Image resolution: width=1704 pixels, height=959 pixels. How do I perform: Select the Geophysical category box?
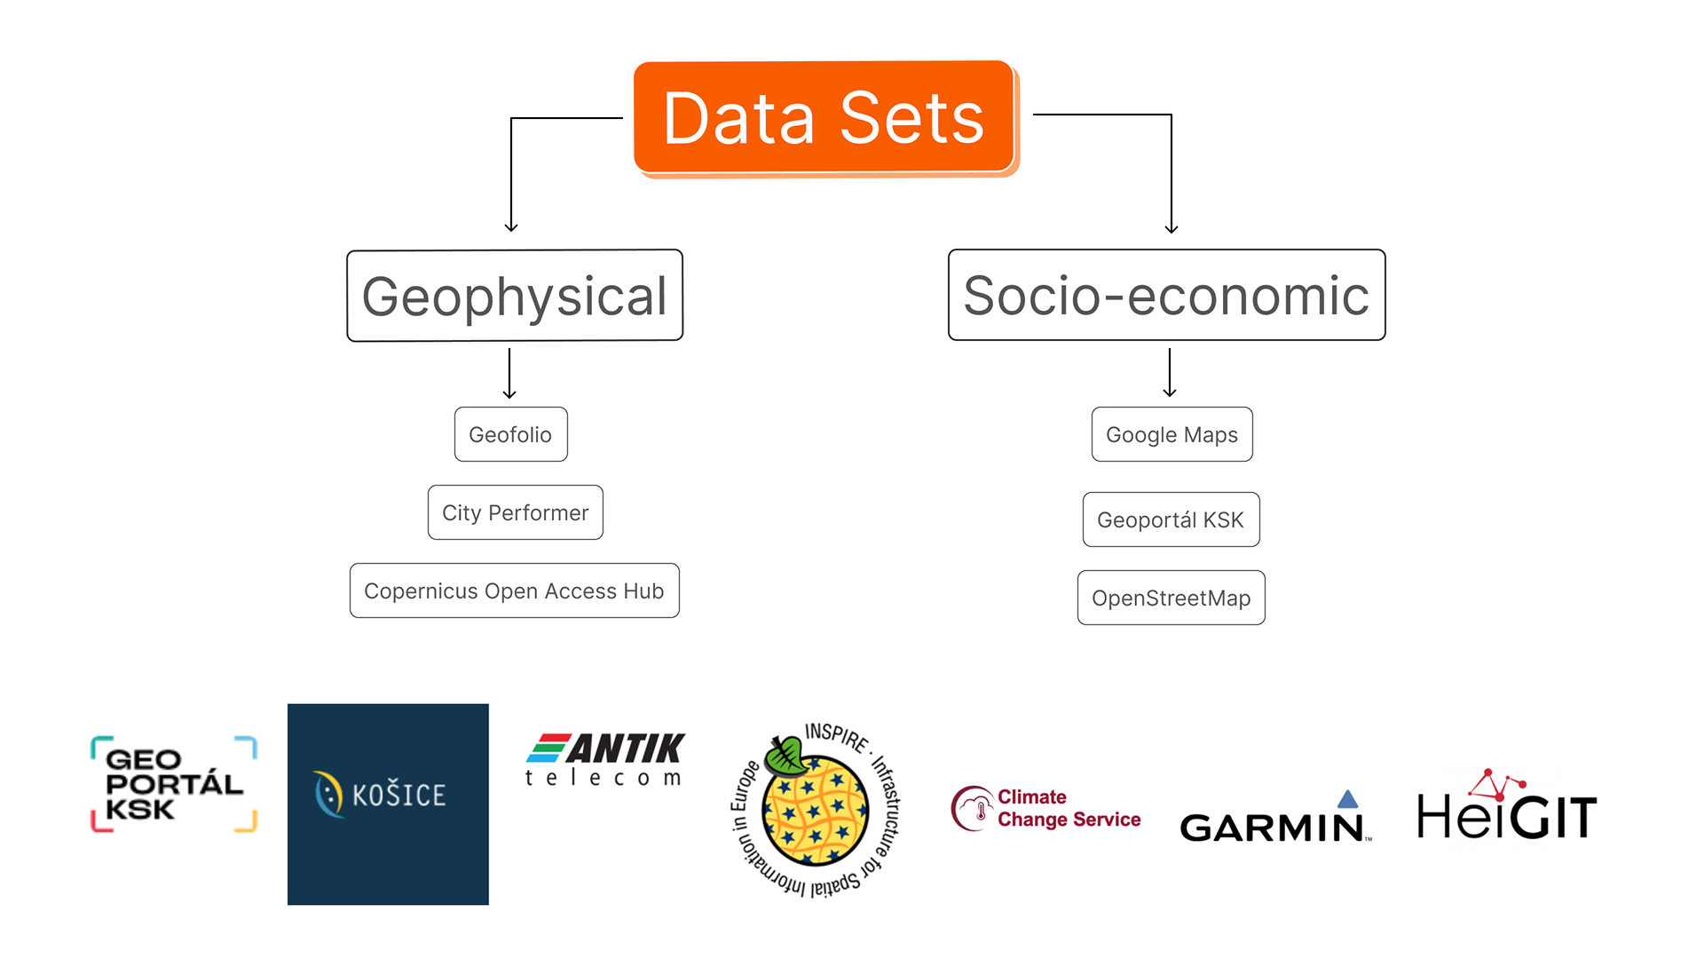point(515,296)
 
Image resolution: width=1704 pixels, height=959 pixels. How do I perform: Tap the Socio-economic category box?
point(1166,296)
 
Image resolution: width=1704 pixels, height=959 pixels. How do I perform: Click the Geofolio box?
point(510,434)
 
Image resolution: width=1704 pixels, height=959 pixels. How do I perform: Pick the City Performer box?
point(515,512)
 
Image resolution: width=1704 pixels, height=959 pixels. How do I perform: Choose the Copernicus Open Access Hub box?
point(514,590)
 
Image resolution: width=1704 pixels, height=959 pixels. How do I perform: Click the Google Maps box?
point(1171,434)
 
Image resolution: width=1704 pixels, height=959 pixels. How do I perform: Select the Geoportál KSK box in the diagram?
point(1171,519)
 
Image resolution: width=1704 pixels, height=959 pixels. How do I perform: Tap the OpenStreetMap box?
point(1171,598)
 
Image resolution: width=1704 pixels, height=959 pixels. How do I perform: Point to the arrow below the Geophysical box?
point(509,374)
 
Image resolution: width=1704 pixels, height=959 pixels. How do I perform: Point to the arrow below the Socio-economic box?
point(1170,373)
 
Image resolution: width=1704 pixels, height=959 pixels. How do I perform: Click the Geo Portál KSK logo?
point(174,784)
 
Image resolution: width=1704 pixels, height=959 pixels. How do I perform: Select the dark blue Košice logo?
point(388,804)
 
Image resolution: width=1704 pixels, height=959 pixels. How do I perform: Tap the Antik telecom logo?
point(606,760)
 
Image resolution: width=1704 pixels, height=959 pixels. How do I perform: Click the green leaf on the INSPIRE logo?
point(786,756)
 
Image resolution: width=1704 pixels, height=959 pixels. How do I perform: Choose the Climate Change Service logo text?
point(1069,808)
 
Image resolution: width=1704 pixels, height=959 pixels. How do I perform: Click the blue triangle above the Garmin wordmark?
point(1347,799)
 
